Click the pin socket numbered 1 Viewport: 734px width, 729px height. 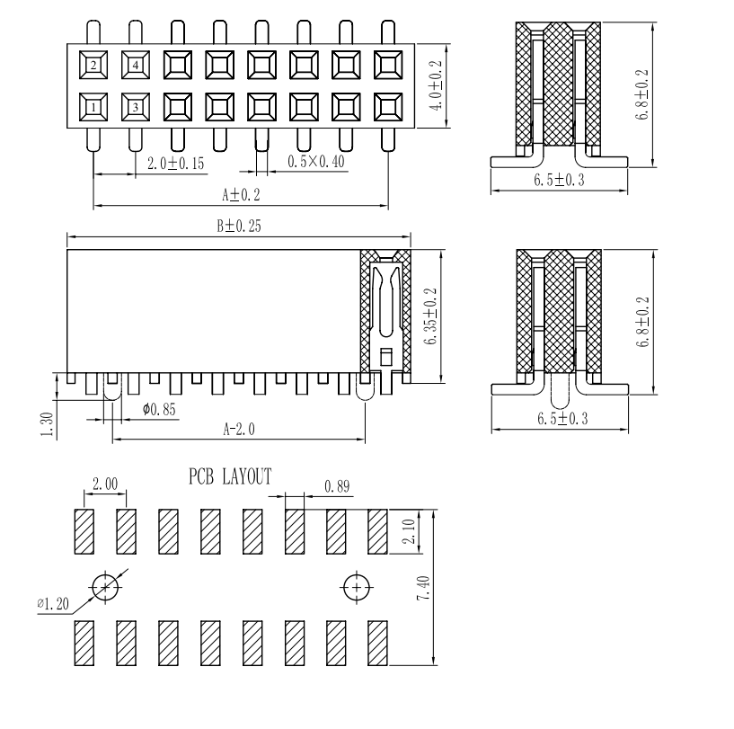coord(93,110)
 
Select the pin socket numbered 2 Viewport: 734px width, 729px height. coord(93,66)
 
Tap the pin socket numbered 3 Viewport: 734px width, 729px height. coord(135,110)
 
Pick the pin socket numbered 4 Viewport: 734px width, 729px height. coord(135,66)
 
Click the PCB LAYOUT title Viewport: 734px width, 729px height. coord(229,476)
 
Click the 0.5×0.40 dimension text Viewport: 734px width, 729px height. coord(316,161)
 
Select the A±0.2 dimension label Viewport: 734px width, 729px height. coord(240,194)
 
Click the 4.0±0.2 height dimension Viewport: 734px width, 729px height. coord(435,86)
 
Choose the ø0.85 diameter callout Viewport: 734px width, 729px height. coord(159,410)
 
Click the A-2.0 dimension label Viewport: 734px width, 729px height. coord(239,430)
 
